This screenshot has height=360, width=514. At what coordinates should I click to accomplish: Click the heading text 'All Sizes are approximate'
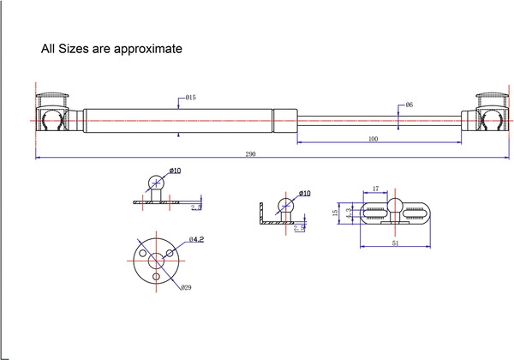[111, 49]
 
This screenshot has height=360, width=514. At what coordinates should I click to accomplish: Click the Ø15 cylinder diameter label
[190, 98]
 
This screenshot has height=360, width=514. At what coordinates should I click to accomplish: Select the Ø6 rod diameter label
[409, 105]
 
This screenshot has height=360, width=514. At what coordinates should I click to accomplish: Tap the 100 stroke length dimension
[373, 139]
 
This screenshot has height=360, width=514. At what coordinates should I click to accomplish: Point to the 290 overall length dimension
[250, 154]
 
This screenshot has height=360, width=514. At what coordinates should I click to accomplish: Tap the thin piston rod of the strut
[377, 119]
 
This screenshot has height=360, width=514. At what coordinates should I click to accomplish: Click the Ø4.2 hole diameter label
[195, 239]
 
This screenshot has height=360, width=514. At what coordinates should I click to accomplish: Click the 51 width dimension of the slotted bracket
[394, 243]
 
